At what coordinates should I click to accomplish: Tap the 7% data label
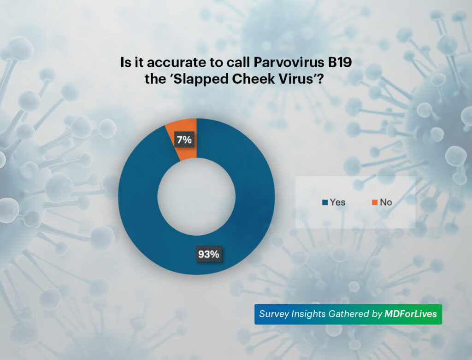(x=184, y=140)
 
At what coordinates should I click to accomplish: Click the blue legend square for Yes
(x=325, y=202)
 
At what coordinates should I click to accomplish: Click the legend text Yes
(x=337, y=202)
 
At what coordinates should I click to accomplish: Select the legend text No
(x=386, y=202)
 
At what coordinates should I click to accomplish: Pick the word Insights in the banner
(x=311, y=314)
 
